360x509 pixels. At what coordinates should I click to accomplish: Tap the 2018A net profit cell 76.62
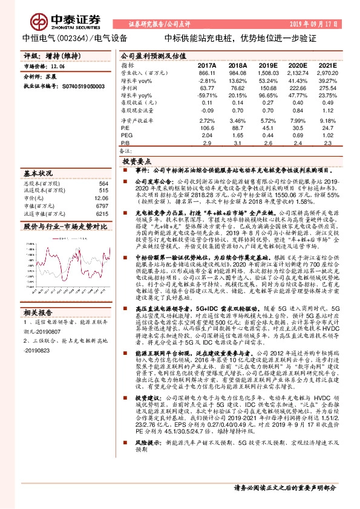[x=238, y=88]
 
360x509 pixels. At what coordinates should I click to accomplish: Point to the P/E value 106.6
[x=207, y=128]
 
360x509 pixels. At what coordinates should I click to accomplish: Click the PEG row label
[x=126, y=136]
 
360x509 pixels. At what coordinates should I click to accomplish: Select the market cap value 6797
[x=102, y=206]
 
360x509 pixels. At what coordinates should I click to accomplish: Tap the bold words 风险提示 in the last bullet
[x=145, y=459]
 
